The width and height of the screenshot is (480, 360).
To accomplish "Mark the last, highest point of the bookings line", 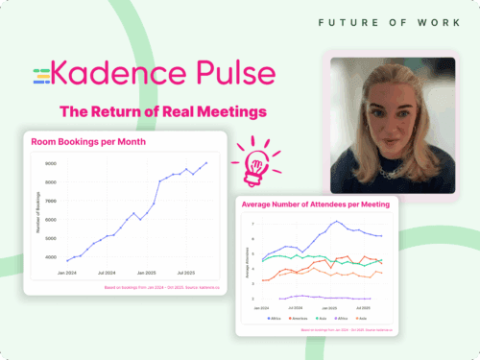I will click(205, 162).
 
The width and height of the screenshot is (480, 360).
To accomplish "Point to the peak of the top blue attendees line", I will click(335, 222).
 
